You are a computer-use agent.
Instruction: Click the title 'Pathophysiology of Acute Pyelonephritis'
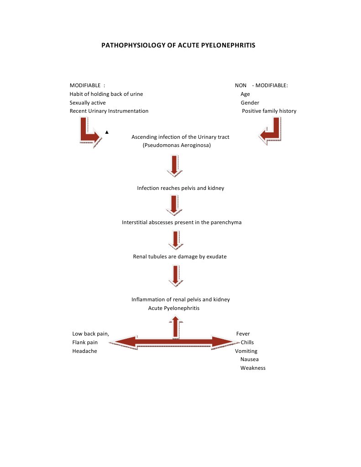[x=178, y=46]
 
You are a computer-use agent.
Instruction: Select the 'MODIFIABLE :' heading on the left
[x=87, y=85]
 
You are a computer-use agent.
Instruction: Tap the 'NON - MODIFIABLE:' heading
[x=261, y=85]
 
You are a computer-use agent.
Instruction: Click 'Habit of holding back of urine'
[x=106, y=94]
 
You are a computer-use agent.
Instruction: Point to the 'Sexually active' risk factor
[x=88, y=103]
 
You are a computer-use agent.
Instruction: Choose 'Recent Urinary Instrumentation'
[x=109, y=111]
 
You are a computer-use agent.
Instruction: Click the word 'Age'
[x=245, y=94]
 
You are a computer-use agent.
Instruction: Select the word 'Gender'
[x=250, y=103]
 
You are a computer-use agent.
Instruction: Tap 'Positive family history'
[x=269, y=111]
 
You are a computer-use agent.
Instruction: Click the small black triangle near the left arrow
[x=106, y=132]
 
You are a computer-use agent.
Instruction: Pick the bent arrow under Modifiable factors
[x=89, y=132]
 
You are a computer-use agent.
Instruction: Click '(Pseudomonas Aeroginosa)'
[x=177, y=146]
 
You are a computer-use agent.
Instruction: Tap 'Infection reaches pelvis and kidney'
[x=180, y=188]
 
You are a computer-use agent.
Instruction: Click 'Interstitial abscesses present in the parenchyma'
[x=182, y=222]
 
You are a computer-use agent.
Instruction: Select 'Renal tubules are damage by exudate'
[x=179, y=257]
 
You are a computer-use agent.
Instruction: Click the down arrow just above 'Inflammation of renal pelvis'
[x=174, y=276]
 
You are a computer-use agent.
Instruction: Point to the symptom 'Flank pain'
[x=85, y=342]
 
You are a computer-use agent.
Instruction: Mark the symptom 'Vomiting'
[x=246, y=351]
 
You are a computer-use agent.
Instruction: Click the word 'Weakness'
[x=253, y=368]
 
